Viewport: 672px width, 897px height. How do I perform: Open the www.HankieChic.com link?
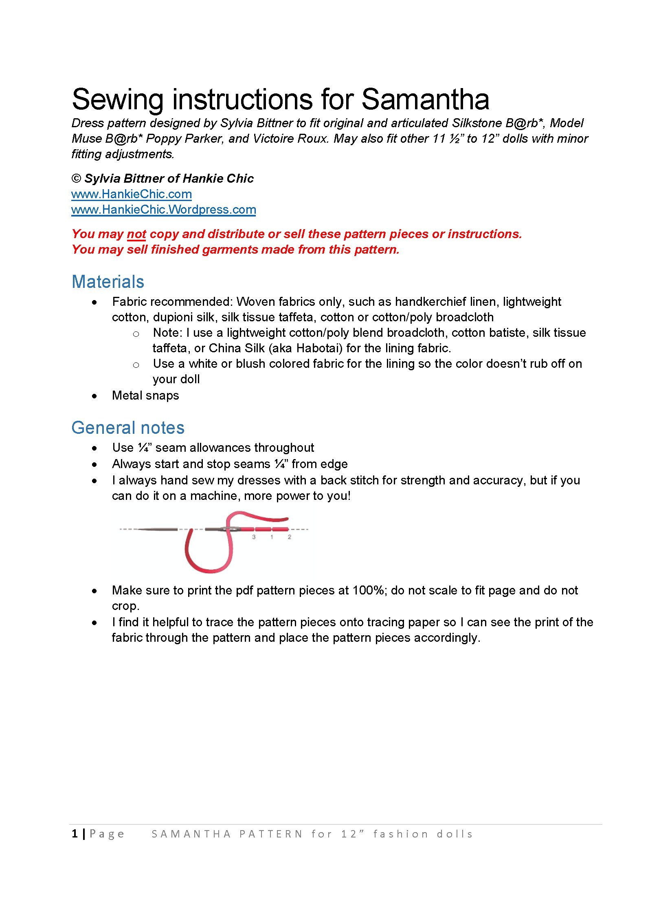tap(131, 194)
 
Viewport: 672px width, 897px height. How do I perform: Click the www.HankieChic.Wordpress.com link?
tap(163, 210)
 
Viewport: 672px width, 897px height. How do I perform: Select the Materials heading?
tap(108, 282)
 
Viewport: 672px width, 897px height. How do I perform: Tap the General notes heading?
tap(128, 428)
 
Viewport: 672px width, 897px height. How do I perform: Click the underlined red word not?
tap(136, 234)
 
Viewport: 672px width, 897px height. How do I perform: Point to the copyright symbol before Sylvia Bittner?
tap(76, 179)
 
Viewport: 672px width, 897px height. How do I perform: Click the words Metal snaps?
tap(145, 395)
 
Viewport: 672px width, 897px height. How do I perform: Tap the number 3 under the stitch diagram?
tap(254, 537)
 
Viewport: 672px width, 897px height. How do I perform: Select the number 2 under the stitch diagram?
tap(290, 537)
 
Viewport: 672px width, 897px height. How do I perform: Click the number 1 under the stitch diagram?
tap(272, 537)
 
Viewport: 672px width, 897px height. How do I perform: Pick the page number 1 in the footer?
tap(75, 834)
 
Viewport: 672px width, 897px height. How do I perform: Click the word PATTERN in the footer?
tap(271, 834)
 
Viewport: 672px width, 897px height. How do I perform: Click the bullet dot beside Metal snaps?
tap(94, 396)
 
